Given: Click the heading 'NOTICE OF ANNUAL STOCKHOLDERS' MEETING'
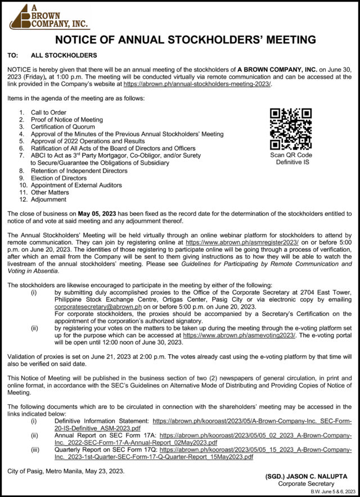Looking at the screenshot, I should (x=180, y=40).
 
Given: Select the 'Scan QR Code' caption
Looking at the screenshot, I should (x=291, y=155).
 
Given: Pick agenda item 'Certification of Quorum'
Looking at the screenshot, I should (x=63, y=127).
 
